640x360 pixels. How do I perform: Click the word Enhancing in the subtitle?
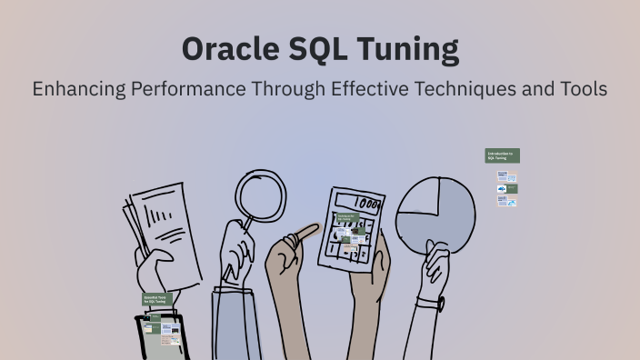(77, 89)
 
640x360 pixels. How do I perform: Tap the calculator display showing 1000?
(364, 204)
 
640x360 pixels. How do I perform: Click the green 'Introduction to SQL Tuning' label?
(502, 155)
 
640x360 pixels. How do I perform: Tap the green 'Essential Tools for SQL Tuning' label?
(156, 298)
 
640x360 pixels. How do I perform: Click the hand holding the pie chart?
(435, 269)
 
